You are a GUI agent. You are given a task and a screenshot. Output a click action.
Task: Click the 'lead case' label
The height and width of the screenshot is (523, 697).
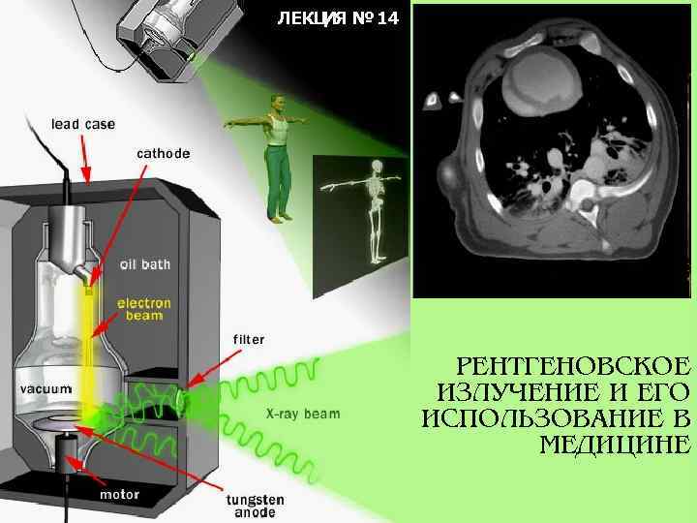click(x=83, y=124)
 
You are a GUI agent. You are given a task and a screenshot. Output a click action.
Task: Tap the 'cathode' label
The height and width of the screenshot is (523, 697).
click(x=163, y=153)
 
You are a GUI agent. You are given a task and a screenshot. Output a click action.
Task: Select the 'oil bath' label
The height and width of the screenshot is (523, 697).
click(x=145, y=263)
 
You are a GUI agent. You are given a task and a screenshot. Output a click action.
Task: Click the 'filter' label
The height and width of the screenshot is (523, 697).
click(x=249, y=340)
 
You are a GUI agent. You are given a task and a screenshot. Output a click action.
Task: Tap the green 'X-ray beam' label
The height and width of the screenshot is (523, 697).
click(x=303, y=414)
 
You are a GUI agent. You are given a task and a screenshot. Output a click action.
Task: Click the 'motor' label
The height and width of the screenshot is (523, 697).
click(x=120, y=494)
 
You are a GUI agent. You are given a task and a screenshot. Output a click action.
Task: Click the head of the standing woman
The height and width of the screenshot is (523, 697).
click(x=279, y=101)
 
